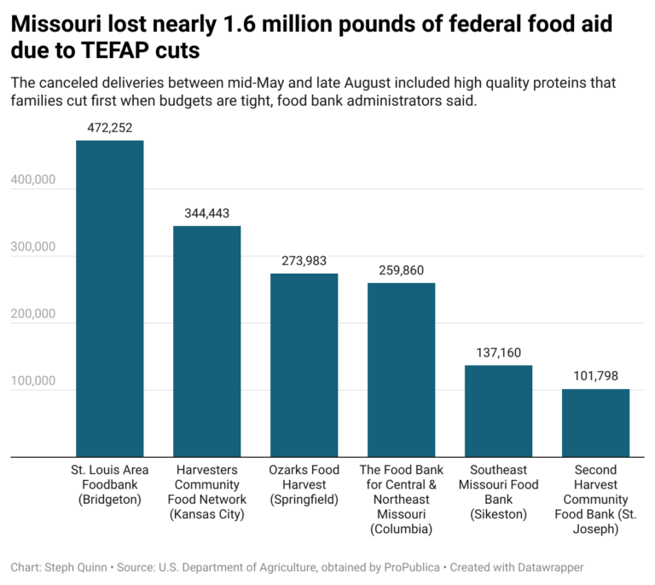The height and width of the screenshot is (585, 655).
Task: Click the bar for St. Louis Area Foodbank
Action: click(x=110, y=298)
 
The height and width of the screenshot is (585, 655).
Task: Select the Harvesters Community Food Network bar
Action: click(x=207, y=341)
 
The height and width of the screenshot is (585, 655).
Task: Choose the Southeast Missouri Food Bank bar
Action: click(x=499, y=411)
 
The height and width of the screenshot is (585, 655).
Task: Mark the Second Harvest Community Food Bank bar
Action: click(x=595, y=423)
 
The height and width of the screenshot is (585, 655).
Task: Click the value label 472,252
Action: click(x=110, y=128)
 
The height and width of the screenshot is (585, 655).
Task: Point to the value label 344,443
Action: click(x=207, y=213)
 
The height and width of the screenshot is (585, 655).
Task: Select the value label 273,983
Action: click(x=304, y=261)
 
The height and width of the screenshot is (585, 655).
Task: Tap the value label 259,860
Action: click(x=402, y=270)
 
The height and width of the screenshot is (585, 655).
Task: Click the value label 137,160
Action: click(x=499, y=353)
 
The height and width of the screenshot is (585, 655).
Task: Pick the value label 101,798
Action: click(x=595, y=376)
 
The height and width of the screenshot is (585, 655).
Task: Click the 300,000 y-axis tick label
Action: click(x=33, y=247)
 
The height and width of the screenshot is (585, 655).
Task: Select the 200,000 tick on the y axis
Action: click(x=33, y=315)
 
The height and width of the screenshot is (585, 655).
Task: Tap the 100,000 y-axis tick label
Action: click(x=33, y=381)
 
